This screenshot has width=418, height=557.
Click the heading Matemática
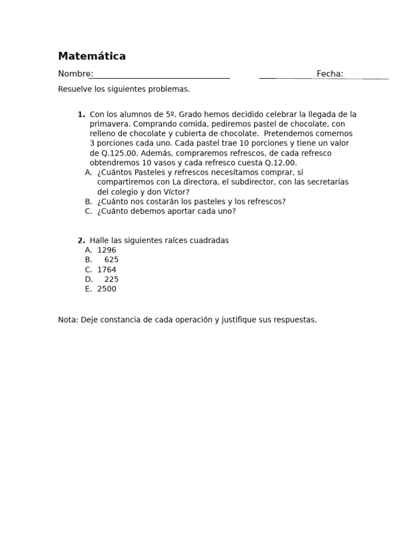(x=91, y=56)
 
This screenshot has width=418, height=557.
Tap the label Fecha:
(x=330, y=74)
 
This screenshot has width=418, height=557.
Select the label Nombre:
(x=76, y=74)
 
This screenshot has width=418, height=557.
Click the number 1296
(x=107, y=250)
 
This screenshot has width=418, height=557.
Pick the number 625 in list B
(x=111, y=260)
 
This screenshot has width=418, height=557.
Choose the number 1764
(x=107, y=270)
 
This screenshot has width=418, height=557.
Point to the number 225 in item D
(x=111, y=280)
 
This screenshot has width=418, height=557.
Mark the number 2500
(x=107, y=289)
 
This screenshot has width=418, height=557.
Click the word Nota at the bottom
(x=67, y=320)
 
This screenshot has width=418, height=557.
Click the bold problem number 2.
(x=81, y=240)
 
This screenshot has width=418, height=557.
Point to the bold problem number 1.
(x=81, y=114)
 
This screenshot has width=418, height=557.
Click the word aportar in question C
(x=173, y=212)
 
